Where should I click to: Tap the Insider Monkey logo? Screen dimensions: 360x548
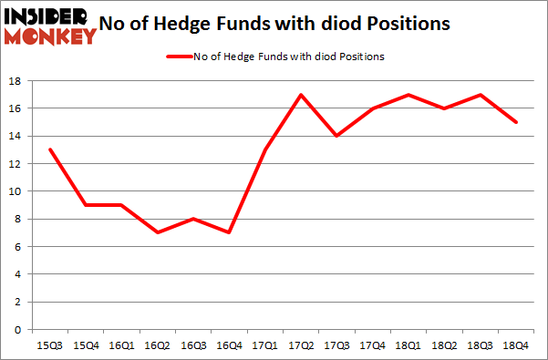[x=49, y=26]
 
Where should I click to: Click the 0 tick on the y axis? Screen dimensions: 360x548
[x=17, y=330]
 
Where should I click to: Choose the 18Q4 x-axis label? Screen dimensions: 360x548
[x=517, y=345]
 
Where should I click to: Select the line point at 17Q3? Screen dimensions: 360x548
[x=336, y=136]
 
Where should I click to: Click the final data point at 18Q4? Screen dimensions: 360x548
[x=517, y=122]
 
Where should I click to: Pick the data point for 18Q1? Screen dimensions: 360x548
[x=408, y=95]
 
